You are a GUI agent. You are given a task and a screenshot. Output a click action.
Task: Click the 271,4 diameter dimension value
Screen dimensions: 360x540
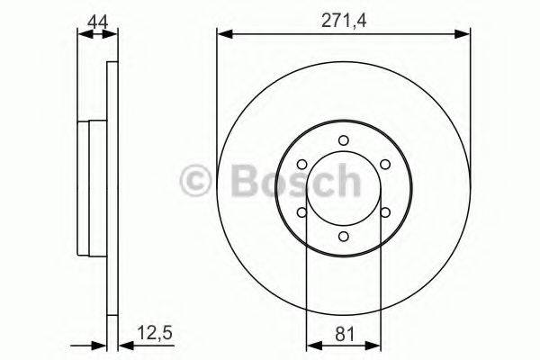click(x=343, y=16)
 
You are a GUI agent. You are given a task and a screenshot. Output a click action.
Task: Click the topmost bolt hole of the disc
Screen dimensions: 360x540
click(x=343, y=139)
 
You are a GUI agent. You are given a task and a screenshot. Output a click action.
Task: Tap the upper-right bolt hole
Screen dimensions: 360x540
click(x=385, y=164)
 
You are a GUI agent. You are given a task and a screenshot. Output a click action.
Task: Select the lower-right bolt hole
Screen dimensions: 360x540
click(x=385, y=212)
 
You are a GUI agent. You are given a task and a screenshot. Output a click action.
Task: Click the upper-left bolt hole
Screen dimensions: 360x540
click(x=301, y=164)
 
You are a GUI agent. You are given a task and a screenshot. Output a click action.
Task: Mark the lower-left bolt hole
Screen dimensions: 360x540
click(x=301, y=212)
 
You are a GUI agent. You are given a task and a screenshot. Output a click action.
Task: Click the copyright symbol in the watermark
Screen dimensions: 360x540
click(x=196, y=182)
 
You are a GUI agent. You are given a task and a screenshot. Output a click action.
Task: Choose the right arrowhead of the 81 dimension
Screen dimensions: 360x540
click(x=373, y=343)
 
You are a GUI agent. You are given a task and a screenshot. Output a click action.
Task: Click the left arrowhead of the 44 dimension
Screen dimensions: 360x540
click(x=84, y=34)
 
